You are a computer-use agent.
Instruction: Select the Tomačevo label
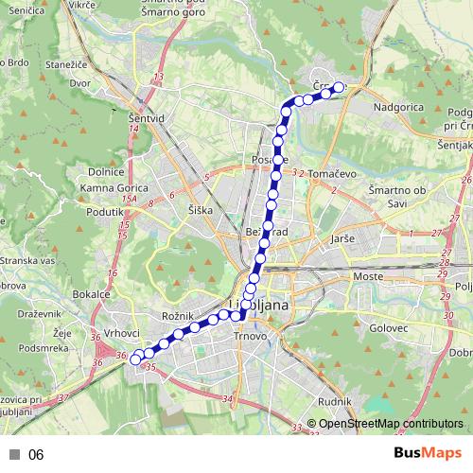[330, 174]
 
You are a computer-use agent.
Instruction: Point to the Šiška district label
[201, 208]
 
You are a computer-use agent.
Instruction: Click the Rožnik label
[178, 313]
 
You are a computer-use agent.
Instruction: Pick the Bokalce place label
[91, 295]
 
